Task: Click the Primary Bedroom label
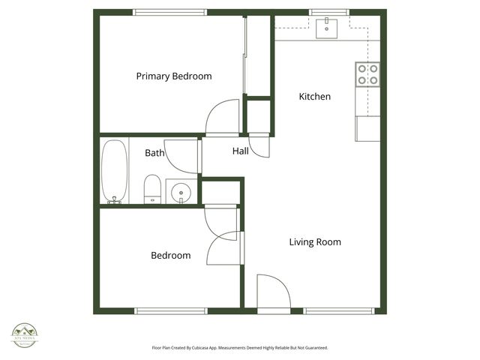pos(173,76)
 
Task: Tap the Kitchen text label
pos(314,97)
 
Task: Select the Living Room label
pos(315,241)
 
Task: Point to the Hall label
pos(240,151)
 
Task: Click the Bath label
pos(154,153)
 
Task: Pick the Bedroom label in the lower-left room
pos(170,255)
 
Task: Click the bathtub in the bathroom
pos(115,171)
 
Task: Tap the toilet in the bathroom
pos(152,188)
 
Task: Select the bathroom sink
pos(181,192)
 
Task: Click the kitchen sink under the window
pos(326,28)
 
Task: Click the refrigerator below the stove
pos(367,128)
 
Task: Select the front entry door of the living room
pos(273,292)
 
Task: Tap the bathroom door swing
pos(181,155)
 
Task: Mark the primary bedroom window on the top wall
pos(169,12)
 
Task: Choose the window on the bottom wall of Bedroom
pos(171,310)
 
